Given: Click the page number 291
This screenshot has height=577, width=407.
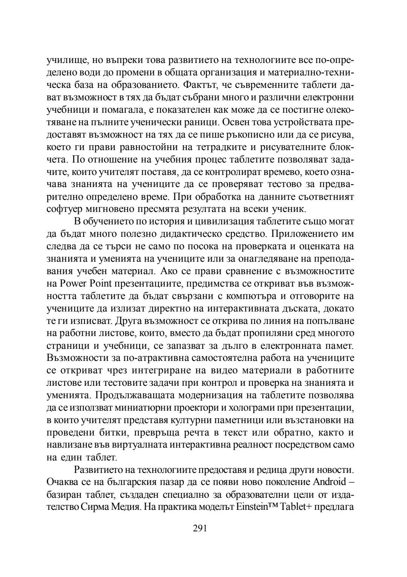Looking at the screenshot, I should coord(200,528).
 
